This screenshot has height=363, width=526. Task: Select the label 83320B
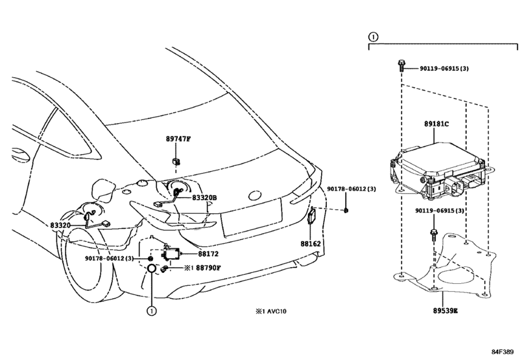(x=204, y=198)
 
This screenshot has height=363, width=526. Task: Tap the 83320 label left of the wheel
(x=60, y=225)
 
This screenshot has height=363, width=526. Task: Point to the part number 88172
(x=208, y=254)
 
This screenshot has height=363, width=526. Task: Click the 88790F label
(x=208, y=268)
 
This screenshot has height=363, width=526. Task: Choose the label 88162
(x=310, y=244)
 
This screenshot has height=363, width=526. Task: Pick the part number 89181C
(x=436, y=124)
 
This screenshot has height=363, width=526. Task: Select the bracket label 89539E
(x=445, y=310)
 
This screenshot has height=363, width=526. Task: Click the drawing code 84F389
(x=503, y=352)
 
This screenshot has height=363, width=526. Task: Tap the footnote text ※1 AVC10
(x=271, y=311)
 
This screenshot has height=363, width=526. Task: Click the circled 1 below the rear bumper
(x=151, y=311)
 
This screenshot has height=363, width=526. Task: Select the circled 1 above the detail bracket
(x=373, y=36)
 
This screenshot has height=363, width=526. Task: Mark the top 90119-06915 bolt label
(x=444, y=68)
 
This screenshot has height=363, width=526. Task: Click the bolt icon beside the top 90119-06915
(x=401, y=65)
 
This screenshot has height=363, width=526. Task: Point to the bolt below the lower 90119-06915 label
(x=434, y=233)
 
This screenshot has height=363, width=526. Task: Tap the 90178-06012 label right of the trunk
(x=352, y=189)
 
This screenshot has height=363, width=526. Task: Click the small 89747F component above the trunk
(x=176, y=161)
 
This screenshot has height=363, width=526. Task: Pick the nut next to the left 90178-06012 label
(x=151, y=259)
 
